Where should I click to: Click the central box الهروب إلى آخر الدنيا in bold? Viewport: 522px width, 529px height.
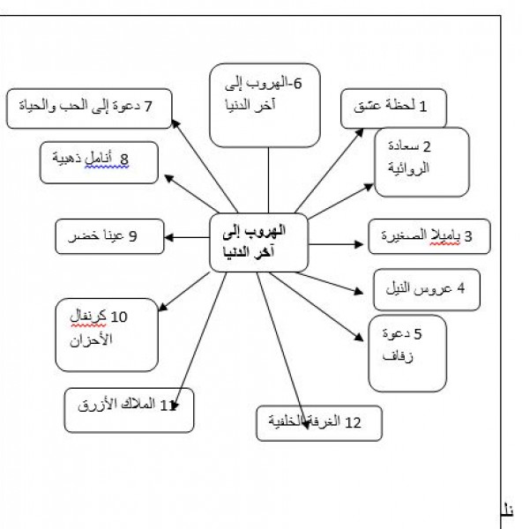[x=259, y=242]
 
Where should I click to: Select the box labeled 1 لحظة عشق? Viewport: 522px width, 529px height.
[x=393, y=108]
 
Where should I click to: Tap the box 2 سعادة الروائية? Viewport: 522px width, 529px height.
[x=421, y=162]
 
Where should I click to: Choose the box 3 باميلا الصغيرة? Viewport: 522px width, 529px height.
[x=429, y=236]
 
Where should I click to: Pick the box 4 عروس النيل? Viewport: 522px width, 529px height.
[x=427, y=289]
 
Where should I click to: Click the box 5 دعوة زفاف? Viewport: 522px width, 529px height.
[x=407, y=354]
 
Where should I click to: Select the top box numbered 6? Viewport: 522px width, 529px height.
[x=265, y=105]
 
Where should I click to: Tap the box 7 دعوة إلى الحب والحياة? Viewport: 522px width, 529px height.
[x=89, y=108]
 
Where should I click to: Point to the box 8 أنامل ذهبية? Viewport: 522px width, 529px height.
[x=99, y=162]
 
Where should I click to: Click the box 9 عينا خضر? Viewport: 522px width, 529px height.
[x=109, y=236]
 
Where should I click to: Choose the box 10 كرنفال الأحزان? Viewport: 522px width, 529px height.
[x=107, y=335]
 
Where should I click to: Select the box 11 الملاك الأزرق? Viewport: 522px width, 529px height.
[x=129, y=410]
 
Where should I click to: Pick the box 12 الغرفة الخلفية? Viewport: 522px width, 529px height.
[x=319, y=423]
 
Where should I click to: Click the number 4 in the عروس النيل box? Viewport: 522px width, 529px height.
[x=460, y=288]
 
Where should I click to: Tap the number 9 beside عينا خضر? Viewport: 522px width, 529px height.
[x=133, y=236]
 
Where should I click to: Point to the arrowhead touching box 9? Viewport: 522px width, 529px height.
[x=168, y=237]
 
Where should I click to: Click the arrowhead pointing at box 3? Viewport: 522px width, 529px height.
[x=359, y=244]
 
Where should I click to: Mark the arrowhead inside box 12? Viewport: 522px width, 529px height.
[x=306, y=425]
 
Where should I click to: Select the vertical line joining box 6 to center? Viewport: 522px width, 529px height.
[x=268, y=180]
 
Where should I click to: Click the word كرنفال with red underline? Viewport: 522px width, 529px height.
[x=88, y=317]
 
